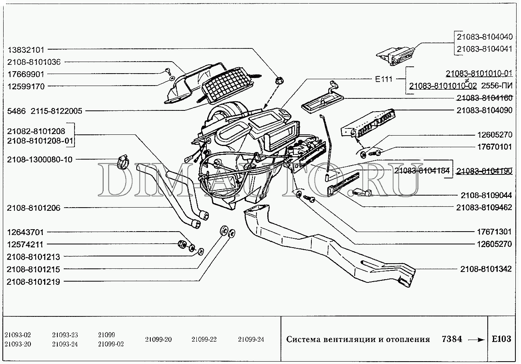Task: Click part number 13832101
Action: pos(26,50)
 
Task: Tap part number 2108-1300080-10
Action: pos(40,160)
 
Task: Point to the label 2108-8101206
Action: pos(33,208)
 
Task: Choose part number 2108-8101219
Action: pos(33,282)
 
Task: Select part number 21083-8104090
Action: pos(484,110)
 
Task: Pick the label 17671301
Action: pos(495,232)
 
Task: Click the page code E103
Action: pos(501,339)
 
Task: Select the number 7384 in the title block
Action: pos(452,339)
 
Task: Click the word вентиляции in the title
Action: pos(346,340)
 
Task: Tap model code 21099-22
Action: pos(204,339)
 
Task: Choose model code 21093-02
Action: pos(18,335)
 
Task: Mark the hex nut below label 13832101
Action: pos(279,80)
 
